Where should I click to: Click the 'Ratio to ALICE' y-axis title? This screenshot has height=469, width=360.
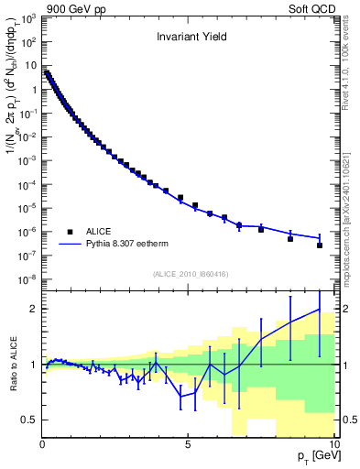click(x=11, y=364)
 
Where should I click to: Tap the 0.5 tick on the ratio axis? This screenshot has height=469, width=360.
click(x=28, y=420)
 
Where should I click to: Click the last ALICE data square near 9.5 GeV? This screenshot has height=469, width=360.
click(x=319, y=245)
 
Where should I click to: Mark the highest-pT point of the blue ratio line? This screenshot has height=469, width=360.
click(x=319, y=309)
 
